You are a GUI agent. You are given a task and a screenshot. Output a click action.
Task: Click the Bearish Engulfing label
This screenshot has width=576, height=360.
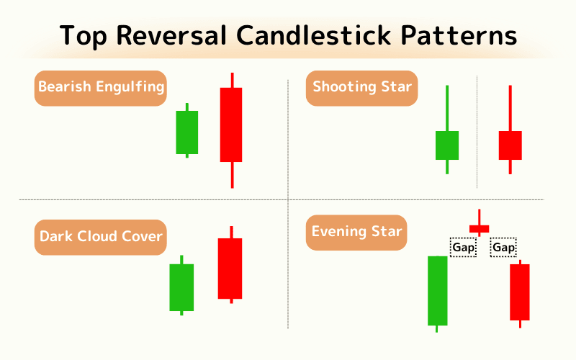pyautogui.click(x=101, y=88)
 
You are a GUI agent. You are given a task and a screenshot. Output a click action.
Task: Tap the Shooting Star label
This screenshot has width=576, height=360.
pyautogui.click(x=362, y=88)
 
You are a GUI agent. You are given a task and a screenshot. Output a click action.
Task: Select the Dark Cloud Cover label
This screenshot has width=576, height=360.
pyautogui.click(x=101, y=236)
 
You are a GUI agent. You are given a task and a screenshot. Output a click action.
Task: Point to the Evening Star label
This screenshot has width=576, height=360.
pyautogui.click(x=356, y=232)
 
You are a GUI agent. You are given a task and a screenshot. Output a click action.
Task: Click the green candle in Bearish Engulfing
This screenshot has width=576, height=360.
pyautogui.click(x=187, y=132)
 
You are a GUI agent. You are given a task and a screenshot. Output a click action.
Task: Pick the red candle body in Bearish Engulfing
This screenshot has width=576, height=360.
pyautogui.click(x=231, y=124)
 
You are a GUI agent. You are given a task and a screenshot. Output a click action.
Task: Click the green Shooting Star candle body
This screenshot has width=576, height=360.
pyautogui.click(x=447, y=145)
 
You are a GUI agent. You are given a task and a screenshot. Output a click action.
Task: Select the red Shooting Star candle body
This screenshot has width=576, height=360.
pyautogui.click(x=510, y=145)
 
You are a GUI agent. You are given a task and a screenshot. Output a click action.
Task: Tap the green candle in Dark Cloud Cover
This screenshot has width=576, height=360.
pyautogui.click(x=181, y=287)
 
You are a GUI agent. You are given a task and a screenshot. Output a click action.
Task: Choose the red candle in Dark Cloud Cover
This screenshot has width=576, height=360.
pyautogui.click(x=230, y=268)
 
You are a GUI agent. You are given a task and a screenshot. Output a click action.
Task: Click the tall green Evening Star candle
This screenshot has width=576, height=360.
pyautogui.click(x=437, y=290)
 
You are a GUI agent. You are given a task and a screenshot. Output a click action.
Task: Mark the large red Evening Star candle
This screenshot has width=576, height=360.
pyautogui.click(x=520, y=292)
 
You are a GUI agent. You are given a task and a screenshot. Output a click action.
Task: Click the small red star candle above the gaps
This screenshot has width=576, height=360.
pyautogui.click(x=479, y=229)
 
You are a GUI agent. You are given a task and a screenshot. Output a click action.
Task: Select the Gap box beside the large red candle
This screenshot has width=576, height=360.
pyautogui.click(x=503, y=248)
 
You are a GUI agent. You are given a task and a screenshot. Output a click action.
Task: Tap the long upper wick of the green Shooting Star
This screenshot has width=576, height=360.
pyautogui.click(x=447, y=108)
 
